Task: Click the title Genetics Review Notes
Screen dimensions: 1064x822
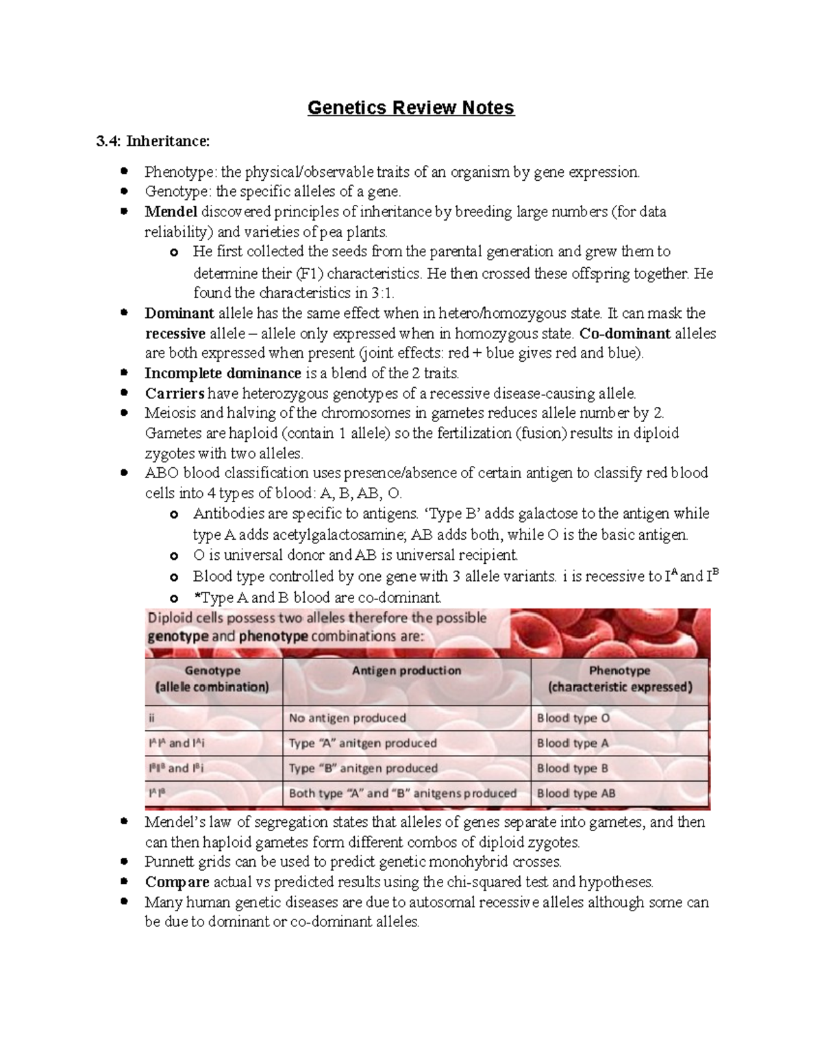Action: (410, 108)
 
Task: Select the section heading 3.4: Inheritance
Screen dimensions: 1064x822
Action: (153, 141)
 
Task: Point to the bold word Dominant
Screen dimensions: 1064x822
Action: (179, 314)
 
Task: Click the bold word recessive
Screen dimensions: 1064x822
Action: (175, 334)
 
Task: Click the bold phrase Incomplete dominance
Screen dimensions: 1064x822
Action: (223, 373)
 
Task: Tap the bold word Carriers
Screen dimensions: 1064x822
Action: (175, 393)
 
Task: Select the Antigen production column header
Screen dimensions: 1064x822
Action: (406, 671)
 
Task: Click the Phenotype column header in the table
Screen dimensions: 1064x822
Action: (619, 678)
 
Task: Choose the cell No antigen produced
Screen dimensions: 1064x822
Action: (347, 718)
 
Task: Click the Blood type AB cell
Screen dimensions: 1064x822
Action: (576, 793)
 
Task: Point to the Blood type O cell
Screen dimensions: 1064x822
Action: (573, 718)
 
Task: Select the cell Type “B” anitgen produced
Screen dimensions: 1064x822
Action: (363, 768)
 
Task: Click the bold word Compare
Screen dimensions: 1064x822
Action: (177, 882)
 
